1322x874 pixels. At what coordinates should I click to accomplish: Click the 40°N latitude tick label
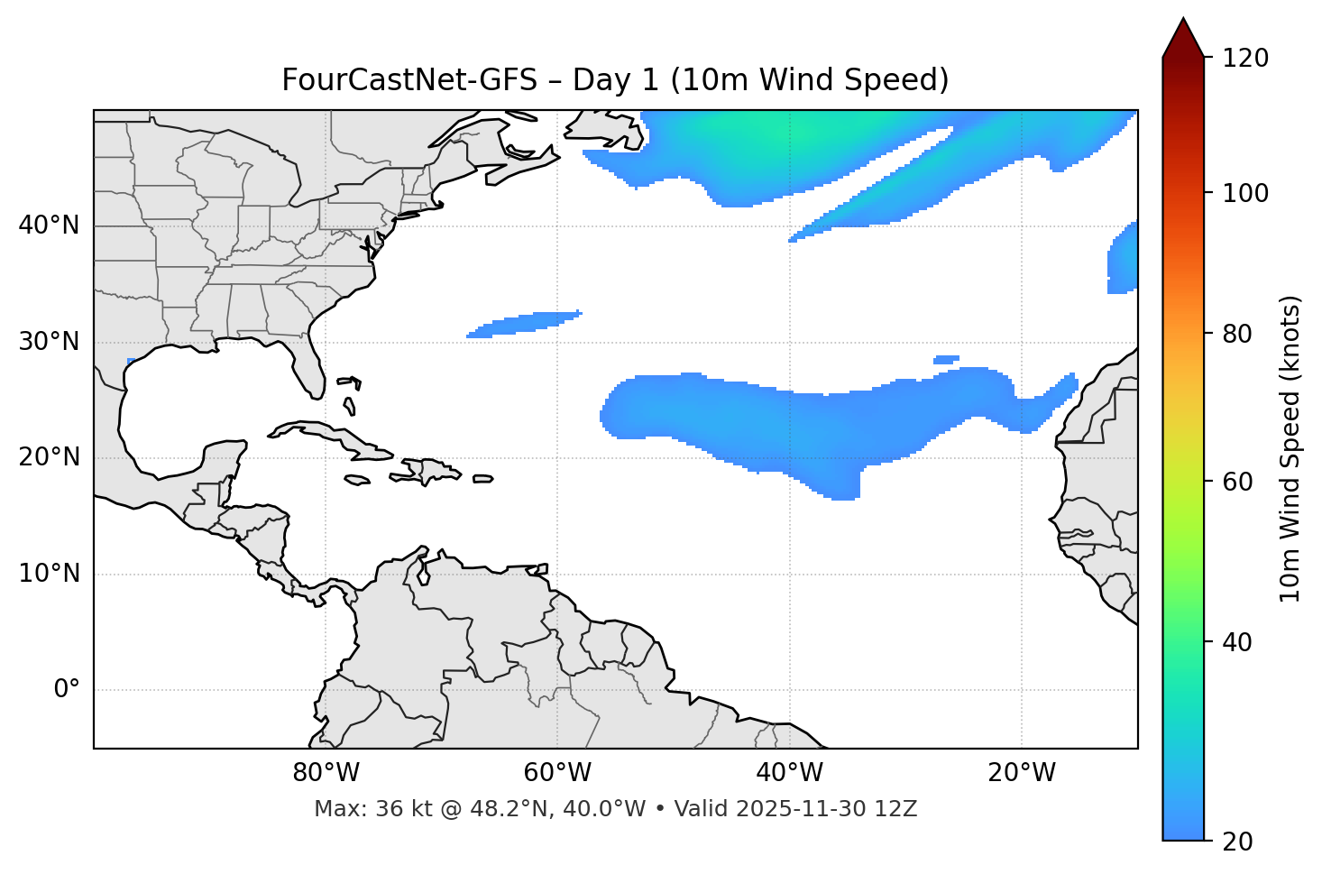click(49, 225)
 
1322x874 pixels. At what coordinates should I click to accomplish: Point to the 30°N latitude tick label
click(49, 342)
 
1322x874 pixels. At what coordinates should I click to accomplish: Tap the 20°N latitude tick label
click(49, 457)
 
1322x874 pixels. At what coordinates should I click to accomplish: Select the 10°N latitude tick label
click(49, 574)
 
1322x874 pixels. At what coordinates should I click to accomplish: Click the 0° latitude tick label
click(67, 690)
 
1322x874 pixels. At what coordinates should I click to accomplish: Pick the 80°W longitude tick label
click(326, 773)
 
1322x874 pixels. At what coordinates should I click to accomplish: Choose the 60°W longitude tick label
click(557, 773)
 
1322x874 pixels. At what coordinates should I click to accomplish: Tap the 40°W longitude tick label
click(789, 773)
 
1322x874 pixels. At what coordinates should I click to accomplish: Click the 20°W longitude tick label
click(1021, 773)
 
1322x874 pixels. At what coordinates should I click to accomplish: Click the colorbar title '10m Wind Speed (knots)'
click(1290, 448)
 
